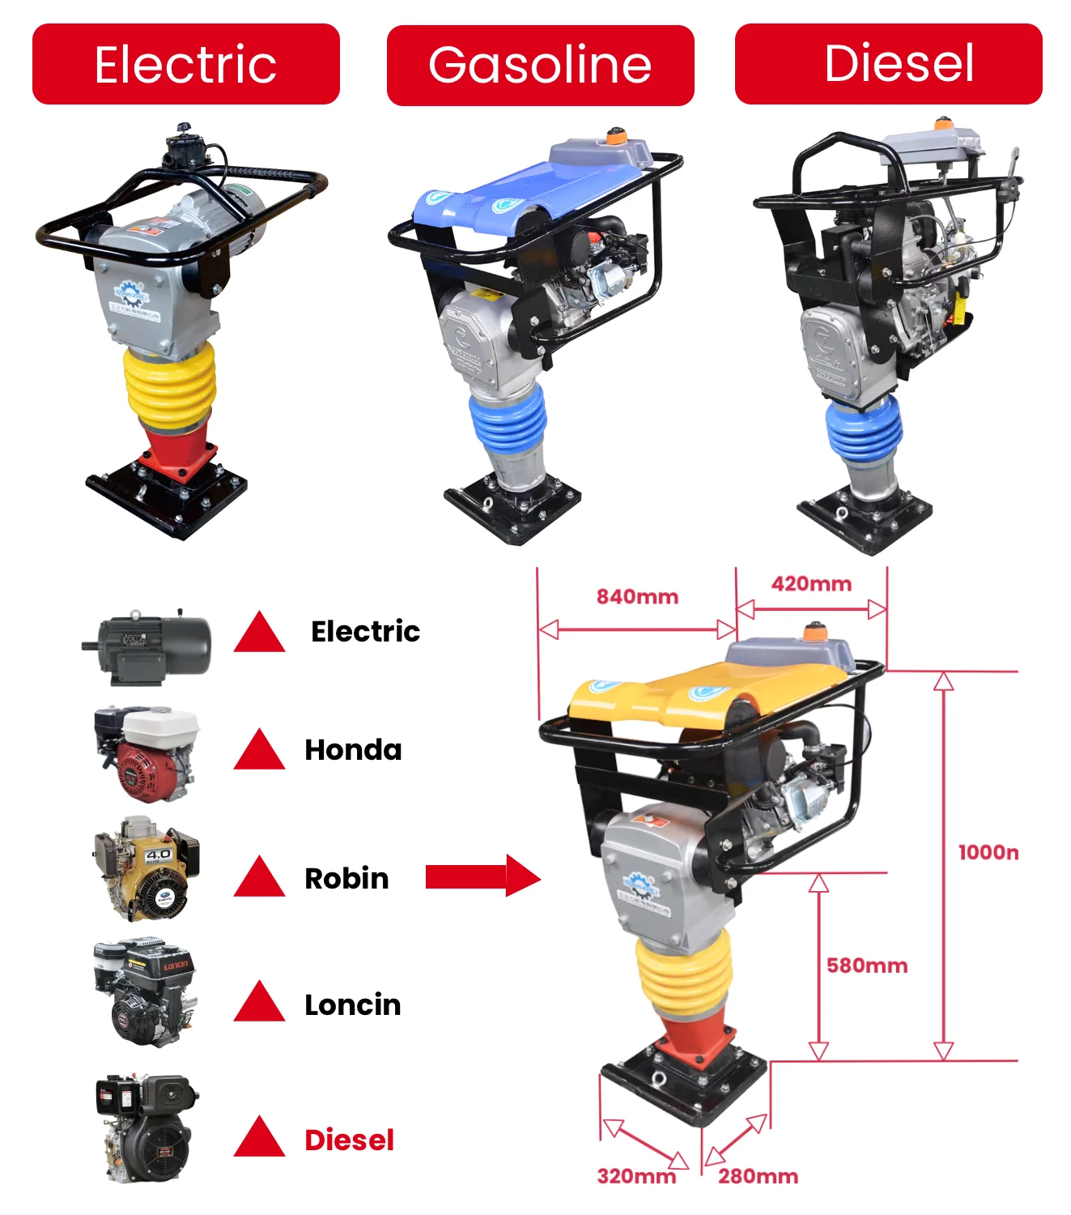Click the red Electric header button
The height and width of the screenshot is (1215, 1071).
tap(185, 64)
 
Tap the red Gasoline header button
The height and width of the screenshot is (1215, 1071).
tap(540, 65)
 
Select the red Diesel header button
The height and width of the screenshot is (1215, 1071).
tap(888, 64)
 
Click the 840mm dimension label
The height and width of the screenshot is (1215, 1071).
tap(637, 597)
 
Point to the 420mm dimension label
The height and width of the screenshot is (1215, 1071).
tap(811, 584)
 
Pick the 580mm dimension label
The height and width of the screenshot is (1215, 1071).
tap(867, 966)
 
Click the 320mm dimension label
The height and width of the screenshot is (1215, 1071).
tap(636, 1176)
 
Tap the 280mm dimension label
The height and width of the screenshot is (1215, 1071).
tap(758, 1176)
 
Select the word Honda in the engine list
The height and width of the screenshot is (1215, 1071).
tap(353, 750)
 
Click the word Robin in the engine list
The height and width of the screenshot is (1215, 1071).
tap(346, 879)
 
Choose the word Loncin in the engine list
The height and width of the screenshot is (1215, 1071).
tap(352, 1005)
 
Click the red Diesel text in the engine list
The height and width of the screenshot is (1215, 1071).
tap(349, 1140)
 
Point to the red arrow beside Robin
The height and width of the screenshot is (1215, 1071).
tap(482, 876)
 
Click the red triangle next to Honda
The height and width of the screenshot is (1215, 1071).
tap(259, 751)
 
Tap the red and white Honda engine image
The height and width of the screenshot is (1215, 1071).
tap(147, 753)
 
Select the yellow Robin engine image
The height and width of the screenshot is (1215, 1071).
tap(147, 869)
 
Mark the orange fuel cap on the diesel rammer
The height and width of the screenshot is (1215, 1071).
tap(942, 124)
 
